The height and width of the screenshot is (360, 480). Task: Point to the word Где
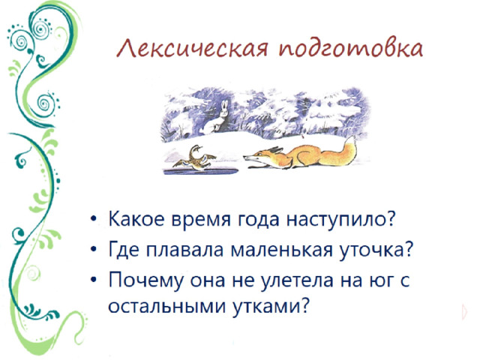pyautogui.click(x=124, y=250)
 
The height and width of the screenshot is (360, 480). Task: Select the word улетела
pyautogui.click(x=294, y=280)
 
